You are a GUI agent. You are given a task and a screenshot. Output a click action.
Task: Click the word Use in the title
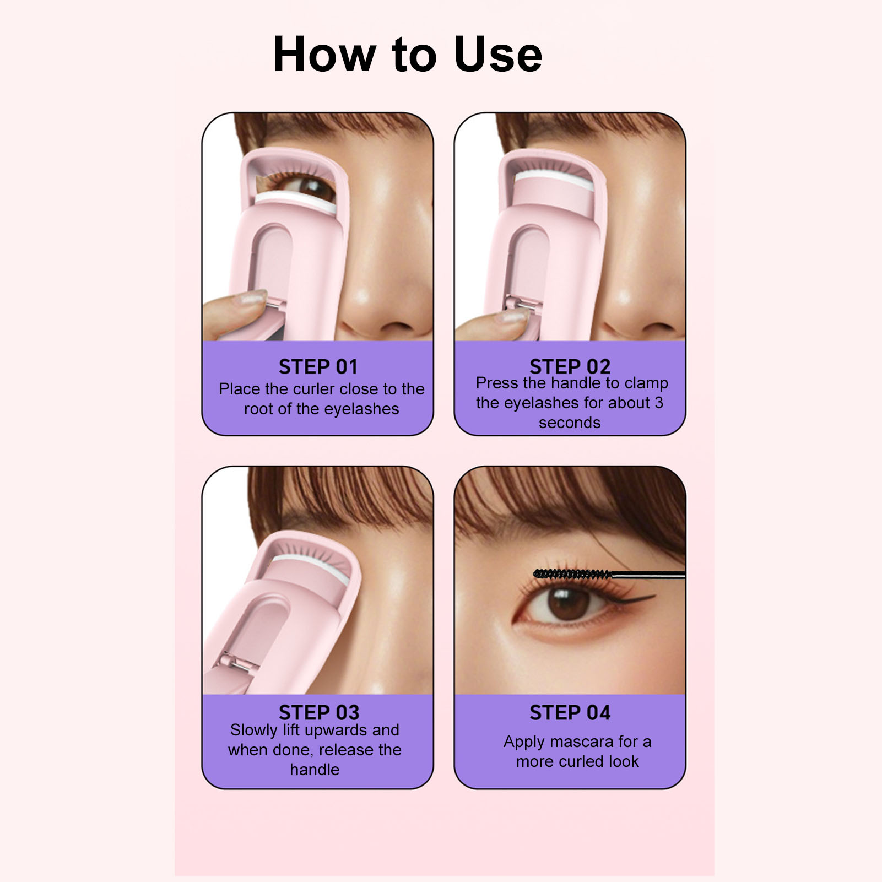pyautogui.click(x=498, y=54)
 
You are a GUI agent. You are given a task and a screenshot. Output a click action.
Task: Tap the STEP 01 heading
pyautogui.click(x=318, y=367)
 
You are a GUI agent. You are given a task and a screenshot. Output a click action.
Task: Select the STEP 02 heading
pyautogui.click(x=570, y=366)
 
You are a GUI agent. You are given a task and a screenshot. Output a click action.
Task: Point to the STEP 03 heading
pyautogui.click(x=319, y=712)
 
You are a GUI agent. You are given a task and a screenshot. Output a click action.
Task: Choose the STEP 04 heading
pyautogui.click(x=570, y=712)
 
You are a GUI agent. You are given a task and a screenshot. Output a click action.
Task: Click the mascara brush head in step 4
pyautogui.click(x=573, y=575)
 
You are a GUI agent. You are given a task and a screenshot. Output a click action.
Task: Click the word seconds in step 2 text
pyautogui.click(x=570, y=423)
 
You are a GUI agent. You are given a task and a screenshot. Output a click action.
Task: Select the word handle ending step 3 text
pyautogui.click(x=315, y=770)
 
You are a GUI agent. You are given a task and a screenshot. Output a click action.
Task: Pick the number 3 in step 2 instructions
pyautogui.click(x=659, y=403)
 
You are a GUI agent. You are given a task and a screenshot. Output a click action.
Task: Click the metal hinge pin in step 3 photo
pyautogui.click(x=241, y=664)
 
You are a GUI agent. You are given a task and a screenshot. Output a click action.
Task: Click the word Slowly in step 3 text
pyautogui.click(x=254, y=731)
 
